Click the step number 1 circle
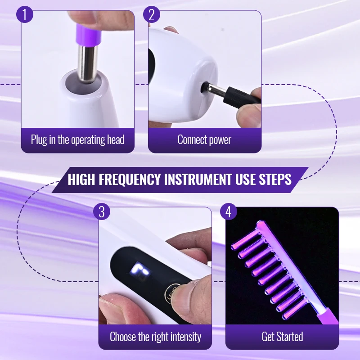[x=25, y=15]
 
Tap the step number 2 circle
[x=152, y=15]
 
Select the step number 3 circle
[x=102, y=211]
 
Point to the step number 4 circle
[x=229, y=211]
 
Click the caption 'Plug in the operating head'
[x=77, y=139]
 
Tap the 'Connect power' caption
[x=204, y=139]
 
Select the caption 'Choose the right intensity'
[x=155, y=336]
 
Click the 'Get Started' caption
[x=282, y=336]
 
